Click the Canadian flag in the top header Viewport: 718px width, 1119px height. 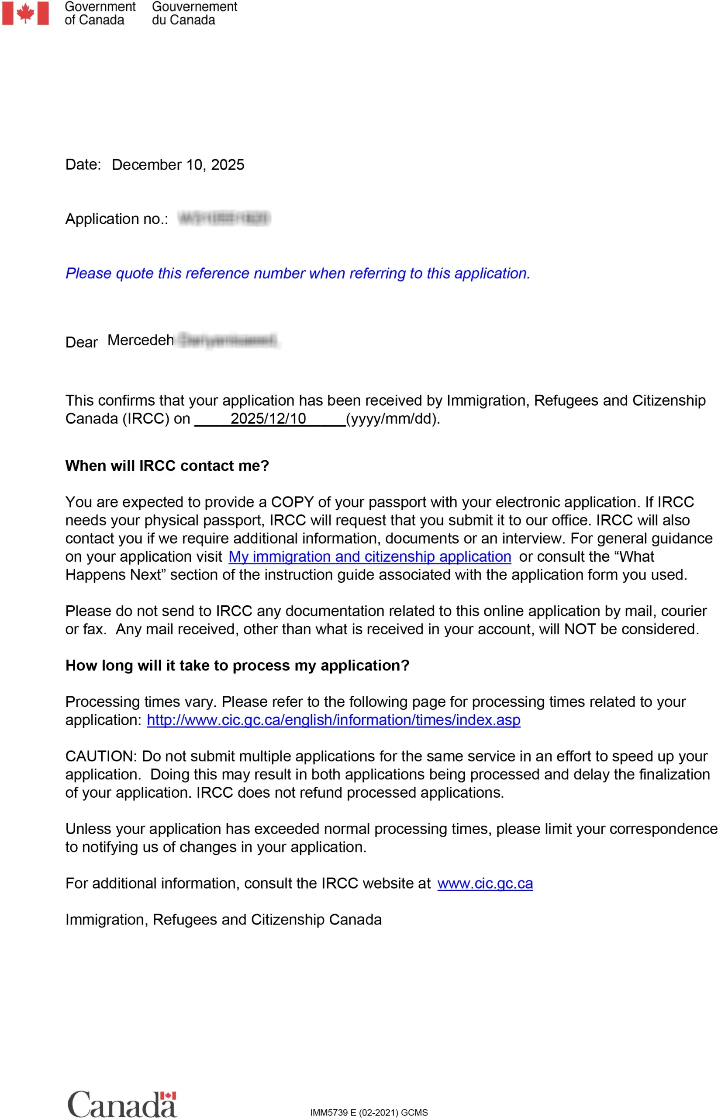point(25,13)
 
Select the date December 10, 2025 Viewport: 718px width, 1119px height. point(178,165)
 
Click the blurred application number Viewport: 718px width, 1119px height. point(224,219)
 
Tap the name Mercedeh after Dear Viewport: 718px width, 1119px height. point(140,340)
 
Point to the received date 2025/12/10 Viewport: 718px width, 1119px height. point(268,419)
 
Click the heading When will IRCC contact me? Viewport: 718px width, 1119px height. point(167,466)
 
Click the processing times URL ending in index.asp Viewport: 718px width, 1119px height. point(333,720)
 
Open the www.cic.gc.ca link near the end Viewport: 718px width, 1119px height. point(485,883)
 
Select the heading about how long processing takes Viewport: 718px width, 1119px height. point(237,665)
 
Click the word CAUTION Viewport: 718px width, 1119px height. point(100,757)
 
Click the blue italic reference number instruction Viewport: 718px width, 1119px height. point(297,274)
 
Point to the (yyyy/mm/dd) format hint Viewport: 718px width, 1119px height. point(393,419)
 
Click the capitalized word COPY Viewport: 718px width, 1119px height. point(292,502)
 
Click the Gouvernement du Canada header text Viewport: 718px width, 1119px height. point(194,13)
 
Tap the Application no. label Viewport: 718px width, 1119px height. point(117,219)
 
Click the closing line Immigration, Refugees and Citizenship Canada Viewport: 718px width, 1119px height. point(223,920)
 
